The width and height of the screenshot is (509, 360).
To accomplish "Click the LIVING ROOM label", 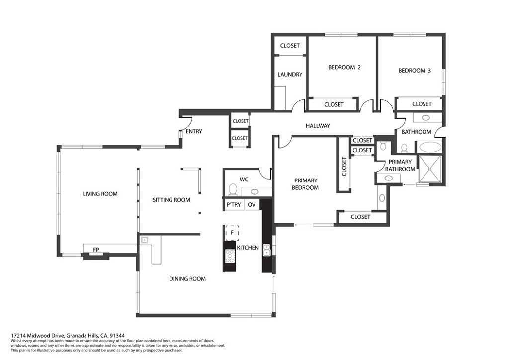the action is point(100,194).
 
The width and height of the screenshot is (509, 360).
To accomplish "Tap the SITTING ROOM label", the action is point(171,200).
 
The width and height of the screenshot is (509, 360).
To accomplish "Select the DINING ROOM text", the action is point(187,279).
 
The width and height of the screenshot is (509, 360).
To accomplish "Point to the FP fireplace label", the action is point(96,250).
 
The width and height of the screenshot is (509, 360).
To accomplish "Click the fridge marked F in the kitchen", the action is point(232,232).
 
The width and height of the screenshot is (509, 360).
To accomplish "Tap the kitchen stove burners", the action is point(230,256).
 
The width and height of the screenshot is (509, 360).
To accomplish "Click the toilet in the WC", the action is point(233,189).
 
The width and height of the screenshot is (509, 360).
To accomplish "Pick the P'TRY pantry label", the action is point(234,205).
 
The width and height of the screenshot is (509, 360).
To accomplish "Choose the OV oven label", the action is point(252,205).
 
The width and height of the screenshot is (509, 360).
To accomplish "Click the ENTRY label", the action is point(194,131).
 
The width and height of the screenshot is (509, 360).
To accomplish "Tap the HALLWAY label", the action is point(318,126).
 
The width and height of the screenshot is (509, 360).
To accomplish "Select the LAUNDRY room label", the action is point(290,75).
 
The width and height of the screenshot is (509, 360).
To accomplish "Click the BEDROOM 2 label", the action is point(344,68).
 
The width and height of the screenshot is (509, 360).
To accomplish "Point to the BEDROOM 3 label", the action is point(415,71).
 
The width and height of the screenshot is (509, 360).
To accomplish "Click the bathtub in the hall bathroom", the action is point(430,147).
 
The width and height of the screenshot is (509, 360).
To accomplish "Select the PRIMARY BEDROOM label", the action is point(305,184).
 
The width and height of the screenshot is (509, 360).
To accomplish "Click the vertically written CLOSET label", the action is point(344,167).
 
